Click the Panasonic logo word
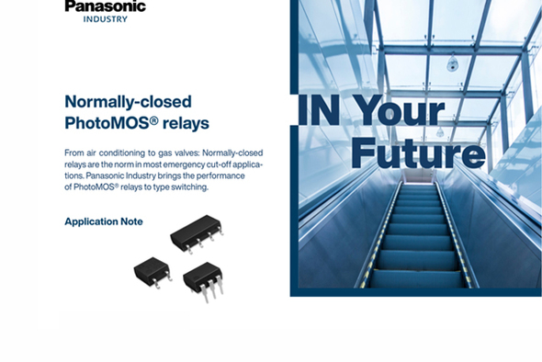(x=105, y=6)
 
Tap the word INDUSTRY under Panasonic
(x=105, y=19)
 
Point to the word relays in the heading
(x=185, y=122)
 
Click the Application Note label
(x=103, y=221)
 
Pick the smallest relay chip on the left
(x=152, y=269)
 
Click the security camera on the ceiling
(x=452, y=64)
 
